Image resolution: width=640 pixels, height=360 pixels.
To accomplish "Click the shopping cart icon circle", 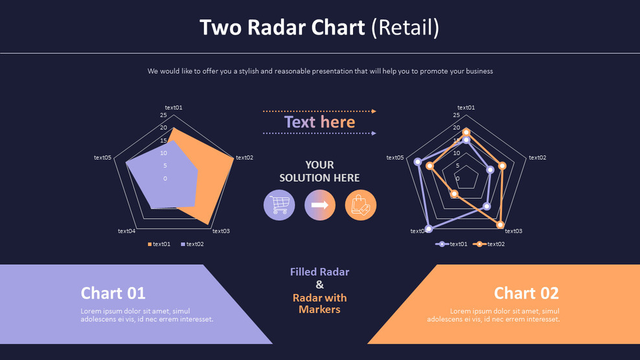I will [x=279, y=205].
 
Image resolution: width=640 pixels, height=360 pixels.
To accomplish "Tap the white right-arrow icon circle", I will [x=320, y=205].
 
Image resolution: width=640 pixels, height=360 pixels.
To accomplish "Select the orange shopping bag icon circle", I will [x=361, y=205].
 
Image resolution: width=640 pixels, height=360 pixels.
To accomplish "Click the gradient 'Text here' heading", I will [x=319, y=122].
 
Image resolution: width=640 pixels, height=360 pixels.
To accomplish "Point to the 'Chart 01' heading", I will [x=113, y=293].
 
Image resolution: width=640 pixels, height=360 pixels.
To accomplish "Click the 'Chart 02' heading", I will [x=526, y=293].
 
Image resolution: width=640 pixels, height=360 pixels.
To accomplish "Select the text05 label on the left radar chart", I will [x=103, y=157].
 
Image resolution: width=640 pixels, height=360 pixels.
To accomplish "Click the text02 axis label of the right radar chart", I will [x=538, y=157].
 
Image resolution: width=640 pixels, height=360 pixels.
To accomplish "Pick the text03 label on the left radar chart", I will [x=222, y=231].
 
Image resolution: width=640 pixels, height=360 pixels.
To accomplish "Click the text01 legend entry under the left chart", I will [x=159, y=244].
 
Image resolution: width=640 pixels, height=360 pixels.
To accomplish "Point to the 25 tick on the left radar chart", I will [x=163, y=115].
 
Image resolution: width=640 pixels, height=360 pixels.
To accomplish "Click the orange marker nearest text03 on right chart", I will [x=500, y=225].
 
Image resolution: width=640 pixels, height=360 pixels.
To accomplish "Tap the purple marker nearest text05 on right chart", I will [x=418, y=162].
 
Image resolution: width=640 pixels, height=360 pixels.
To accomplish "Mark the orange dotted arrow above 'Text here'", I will [x=319, y=111].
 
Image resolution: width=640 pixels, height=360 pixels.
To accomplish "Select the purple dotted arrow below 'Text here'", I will [x=319, y=133].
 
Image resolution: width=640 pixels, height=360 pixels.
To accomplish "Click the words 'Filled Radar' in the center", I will [x=319, y=272].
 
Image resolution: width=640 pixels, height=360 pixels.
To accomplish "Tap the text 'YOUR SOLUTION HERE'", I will [x=319, y=171].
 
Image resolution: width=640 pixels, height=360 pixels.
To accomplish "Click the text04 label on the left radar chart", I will [x=127, y=231].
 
